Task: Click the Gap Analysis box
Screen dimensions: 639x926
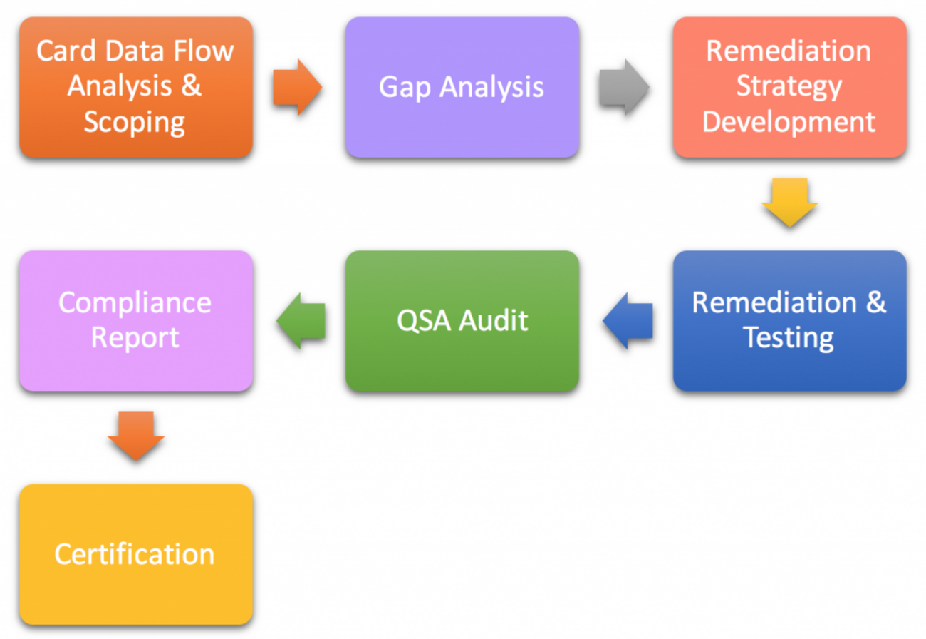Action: [x=462, y=87]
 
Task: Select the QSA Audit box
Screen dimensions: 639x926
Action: [x=462, y=320]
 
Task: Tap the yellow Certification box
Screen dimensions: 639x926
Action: [x=135, y=554]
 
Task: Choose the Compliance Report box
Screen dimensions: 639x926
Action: [x=135, y=320]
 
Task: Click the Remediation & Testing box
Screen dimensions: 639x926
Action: [x=789, y=320]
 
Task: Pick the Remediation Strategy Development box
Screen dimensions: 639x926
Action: [x=789, y=87]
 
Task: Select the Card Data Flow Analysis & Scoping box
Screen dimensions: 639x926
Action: [x=135, y=87]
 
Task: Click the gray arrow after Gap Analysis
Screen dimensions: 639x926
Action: [x=624, y=88]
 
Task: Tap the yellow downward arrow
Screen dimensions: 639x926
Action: [x=789, y=203]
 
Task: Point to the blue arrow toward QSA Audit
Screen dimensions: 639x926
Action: [x=628, y=321]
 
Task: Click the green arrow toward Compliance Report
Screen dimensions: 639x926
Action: [x=301, y=321]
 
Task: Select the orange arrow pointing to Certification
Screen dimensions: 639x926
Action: [x=136, y=436]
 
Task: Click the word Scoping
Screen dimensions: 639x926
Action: [x=135, y=123]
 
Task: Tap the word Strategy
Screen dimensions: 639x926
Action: [x=789, y=87]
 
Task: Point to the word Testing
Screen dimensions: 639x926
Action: [x=789, y=337]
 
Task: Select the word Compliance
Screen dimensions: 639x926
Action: [x=135, y=302]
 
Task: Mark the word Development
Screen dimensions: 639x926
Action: [x=789, y=122]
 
